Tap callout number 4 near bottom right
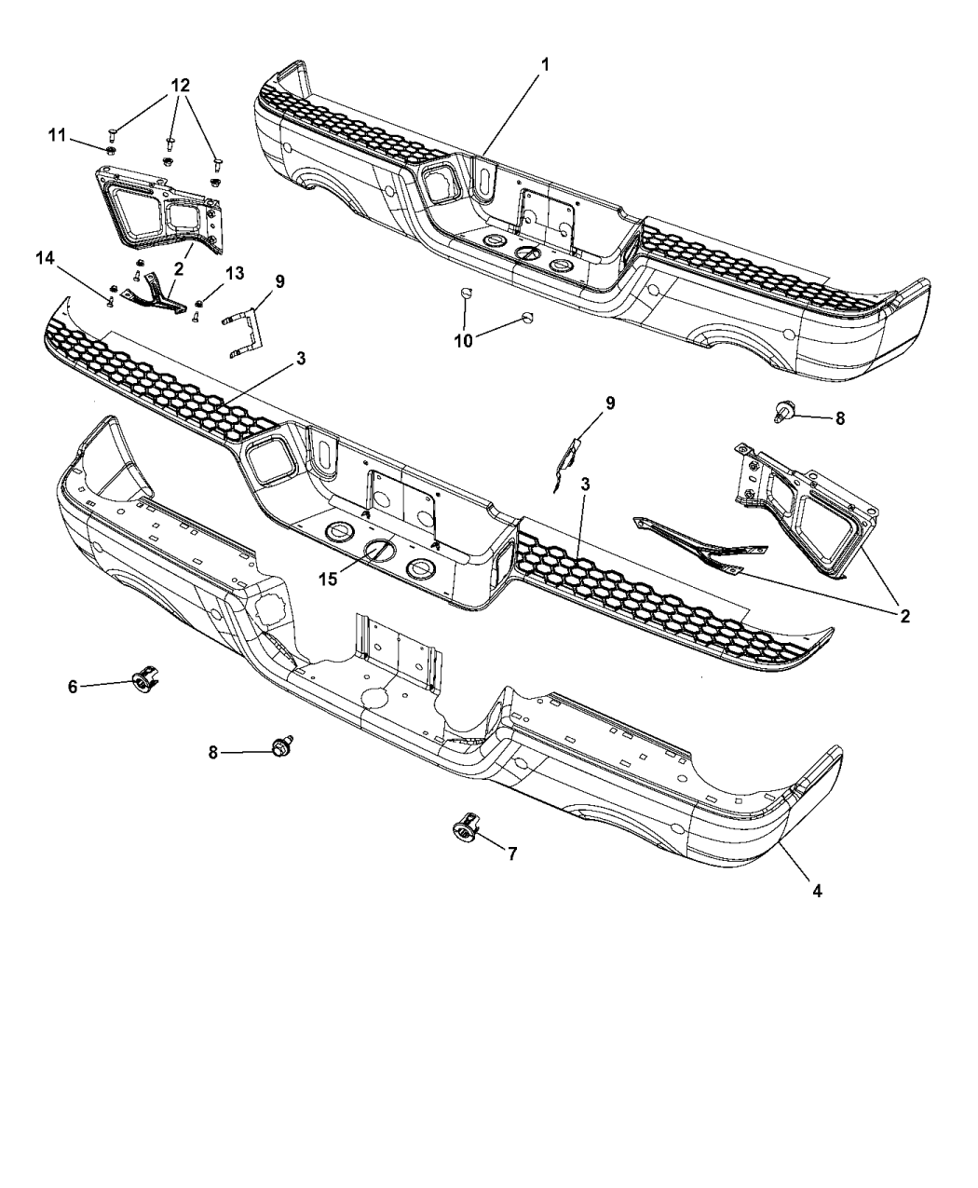coord(816,890)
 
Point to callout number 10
coord(463,340)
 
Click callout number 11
coord(57,136)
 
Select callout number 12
coord(179,85)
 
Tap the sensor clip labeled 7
coord(464,825)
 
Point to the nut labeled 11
coord(111,149)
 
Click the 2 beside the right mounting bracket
coord(903,615)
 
